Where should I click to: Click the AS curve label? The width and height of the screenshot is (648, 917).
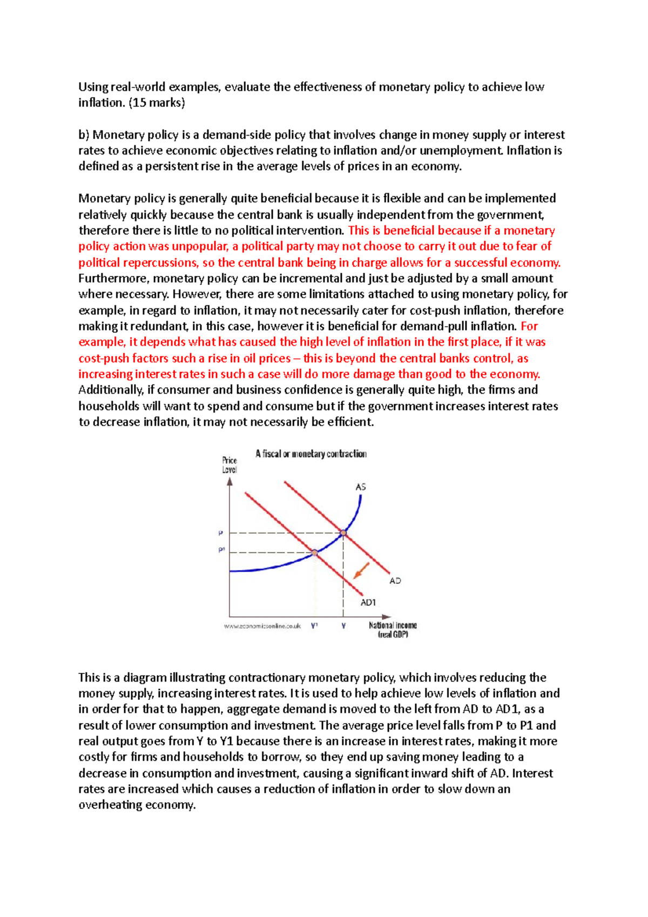click(361, 487)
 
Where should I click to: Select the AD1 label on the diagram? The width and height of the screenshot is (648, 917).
click(368, 603)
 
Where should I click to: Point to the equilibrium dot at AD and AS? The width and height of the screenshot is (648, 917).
click(343, 533)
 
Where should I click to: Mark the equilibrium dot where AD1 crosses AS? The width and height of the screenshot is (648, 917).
click(315, 552)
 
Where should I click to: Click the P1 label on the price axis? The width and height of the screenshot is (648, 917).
click(221, 550)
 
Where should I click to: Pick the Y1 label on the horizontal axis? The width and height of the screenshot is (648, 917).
click(314, 626)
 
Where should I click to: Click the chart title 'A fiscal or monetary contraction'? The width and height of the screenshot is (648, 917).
click(311, 454)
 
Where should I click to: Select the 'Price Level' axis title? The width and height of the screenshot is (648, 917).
click(230, 465)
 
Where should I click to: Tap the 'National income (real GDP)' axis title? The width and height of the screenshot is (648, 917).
click(393, 630)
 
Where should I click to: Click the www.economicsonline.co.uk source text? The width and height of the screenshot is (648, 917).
click(262, 626)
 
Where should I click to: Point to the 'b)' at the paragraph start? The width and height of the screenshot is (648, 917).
click(84, 135)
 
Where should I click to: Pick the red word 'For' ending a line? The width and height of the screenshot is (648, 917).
click(529, 326)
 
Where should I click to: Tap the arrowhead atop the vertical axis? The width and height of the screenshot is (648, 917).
click(230, 481)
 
